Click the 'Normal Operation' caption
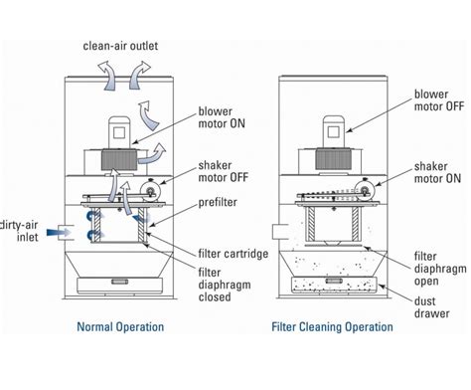pyautogui.click(x=120, y=325)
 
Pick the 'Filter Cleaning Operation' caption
pyautogui.click(x=338, y=325)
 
